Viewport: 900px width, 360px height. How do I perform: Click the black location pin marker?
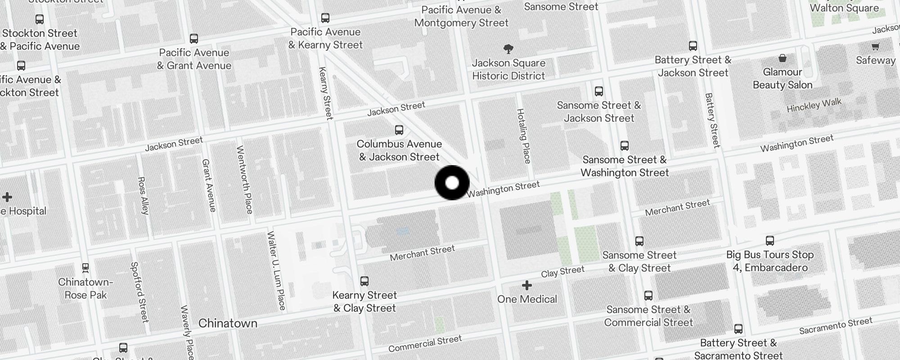tap(452, 183)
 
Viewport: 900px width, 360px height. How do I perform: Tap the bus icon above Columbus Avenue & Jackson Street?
tap(399, 130)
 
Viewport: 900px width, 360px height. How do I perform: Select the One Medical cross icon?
tap(526, 285)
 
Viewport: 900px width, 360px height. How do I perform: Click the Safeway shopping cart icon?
tap(875, 46)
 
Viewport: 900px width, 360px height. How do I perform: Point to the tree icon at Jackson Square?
tap(508, 49)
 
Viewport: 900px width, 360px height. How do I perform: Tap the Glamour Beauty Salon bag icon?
tap(783, 58)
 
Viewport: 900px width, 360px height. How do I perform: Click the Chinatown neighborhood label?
tap(228, 323)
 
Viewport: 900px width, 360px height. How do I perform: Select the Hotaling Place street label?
tap(524, 135)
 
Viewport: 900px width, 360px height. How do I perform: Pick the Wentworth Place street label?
tap(244, 179)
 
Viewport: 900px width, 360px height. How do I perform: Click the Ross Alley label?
tap(143, 195)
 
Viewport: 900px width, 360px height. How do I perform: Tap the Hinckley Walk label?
tap(814, 105)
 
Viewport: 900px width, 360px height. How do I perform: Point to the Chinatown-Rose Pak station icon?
tap(85, 268)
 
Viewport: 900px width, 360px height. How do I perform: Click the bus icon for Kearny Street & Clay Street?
tap(364, 281)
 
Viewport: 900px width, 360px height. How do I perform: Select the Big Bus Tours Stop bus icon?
tap(770, 241)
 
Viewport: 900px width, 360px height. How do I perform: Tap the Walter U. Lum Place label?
tap(276, 270)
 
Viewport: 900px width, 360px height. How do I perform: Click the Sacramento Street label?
tap(836, 326)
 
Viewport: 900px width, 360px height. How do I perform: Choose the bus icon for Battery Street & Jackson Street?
tap(693, 46)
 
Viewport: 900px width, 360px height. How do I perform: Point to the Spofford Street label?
tap(139, 292)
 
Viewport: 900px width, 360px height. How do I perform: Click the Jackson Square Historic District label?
tap(508, 69)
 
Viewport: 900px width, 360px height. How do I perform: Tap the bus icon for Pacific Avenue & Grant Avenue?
tap(194, 39)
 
